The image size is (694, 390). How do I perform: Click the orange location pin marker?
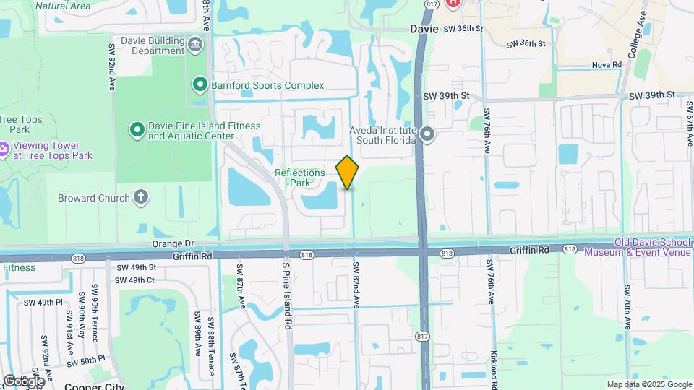coord(348,173)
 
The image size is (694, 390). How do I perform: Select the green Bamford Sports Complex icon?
coord(200,85)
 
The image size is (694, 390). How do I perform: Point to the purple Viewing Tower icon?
coord(3,150)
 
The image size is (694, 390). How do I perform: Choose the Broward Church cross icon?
coord(141,198)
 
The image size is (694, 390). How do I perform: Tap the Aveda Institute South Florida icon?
coord(427,134)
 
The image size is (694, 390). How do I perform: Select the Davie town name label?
coord(424,30)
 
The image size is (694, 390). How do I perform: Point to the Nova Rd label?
coord(607,65)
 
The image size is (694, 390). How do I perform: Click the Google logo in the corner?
coord(23,381)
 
